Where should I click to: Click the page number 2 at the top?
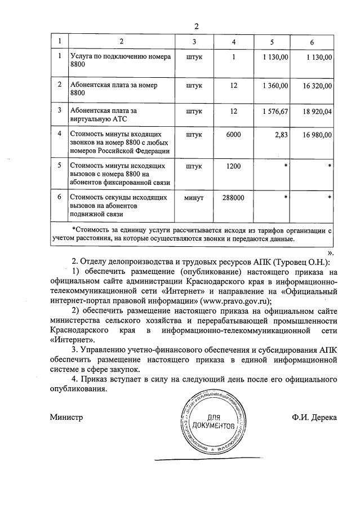[x=197, y=26]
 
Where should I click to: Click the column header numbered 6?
[x=312, y=42]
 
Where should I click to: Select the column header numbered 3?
[x=194, y=42]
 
